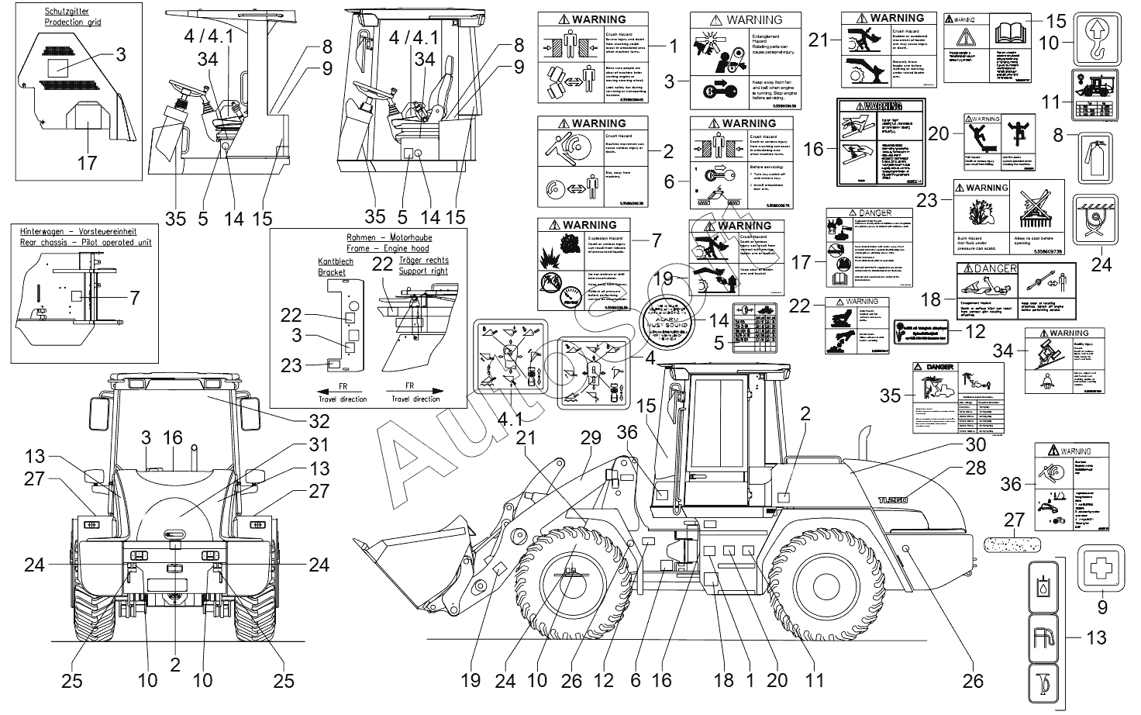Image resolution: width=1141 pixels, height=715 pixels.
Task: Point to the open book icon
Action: [x=1008, y=35]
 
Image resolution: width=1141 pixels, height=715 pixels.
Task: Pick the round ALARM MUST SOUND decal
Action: [x=662, y=322]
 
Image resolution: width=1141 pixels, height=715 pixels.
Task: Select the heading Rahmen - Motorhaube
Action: [x=368, y=237]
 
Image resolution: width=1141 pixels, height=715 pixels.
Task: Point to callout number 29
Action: [x=591, y=438]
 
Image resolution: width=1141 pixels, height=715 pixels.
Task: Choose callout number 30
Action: [x=975, y=444]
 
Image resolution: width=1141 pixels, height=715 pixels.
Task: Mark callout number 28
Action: [x=975, y=468]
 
